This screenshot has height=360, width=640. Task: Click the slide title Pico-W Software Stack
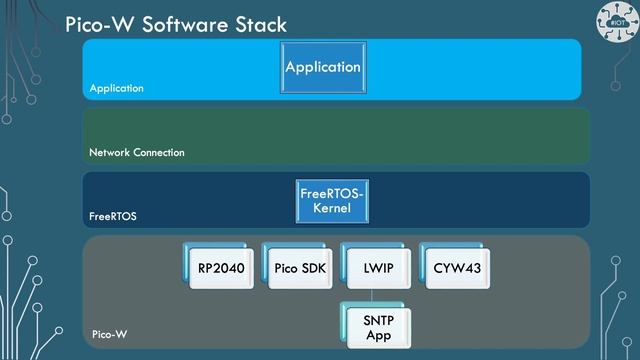pos(175,23)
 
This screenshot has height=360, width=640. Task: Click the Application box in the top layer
pos(322,68)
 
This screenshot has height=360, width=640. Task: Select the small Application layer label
pos(116,88)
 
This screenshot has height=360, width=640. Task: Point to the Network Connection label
pos(137,153)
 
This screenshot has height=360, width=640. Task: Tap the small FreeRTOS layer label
pos(113,215)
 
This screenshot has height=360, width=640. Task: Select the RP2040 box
pos(221,268)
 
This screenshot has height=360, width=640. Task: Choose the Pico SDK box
pos(297,268)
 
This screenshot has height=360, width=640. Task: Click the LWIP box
pos(373,268)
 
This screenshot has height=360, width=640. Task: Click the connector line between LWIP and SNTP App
pos(373,295)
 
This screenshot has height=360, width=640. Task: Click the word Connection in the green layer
pos(160,153)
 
